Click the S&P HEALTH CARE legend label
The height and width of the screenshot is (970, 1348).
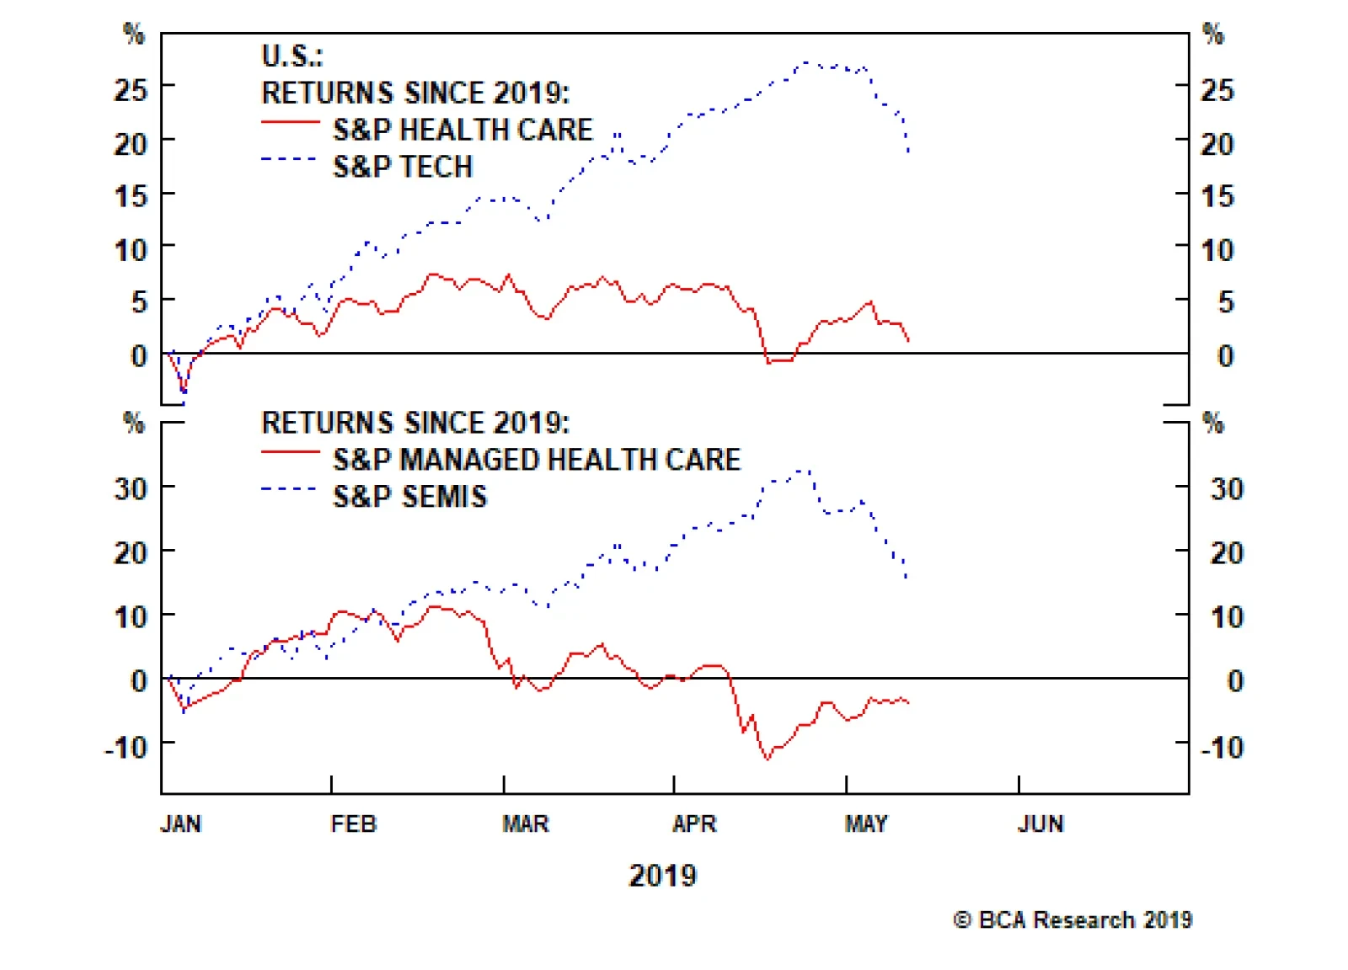tap(463, 130)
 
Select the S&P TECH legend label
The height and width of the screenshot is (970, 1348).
tap(403, 167)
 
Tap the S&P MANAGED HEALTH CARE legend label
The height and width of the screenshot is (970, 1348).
tap(537, 460)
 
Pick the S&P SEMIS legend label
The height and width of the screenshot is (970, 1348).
tap(409, 497)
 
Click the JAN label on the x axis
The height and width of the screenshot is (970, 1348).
tap(181, 823)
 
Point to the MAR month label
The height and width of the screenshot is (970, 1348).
tap(526, 823)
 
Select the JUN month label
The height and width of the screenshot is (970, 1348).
tap(1040, 823)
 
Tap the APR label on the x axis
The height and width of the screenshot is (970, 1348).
tap(694, 823)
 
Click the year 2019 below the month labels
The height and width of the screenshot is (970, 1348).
tap(663, 876)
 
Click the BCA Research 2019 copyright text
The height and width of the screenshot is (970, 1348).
tap(1073, 919)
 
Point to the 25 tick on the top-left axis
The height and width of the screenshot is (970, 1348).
tap(131, 89)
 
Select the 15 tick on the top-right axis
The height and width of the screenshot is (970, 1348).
tap(1217, 197)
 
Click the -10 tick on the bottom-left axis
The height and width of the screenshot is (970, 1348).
tap(126, 747)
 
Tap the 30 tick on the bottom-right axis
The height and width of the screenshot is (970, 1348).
tap(1227, 489)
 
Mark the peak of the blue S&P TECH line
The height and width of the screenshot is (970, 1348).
tap(807, 62)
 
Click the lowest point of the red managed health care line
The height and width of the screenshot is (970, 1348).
tap(768, 759)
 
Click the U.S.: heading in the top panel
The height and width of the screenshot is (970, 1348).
tap(292, 56)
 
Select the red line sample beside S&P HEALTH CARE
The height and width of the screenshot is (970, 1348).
tap(290, 123)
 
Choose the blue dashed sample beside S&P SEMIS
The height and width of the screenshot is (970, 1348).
tap(290, 489)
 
